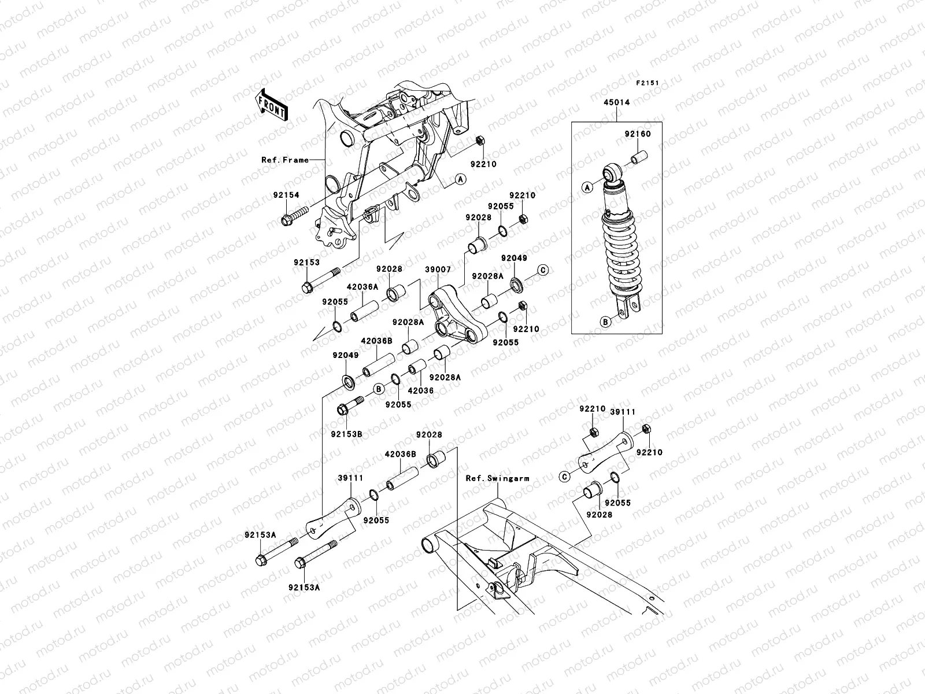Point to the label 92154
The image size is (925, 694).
point(286,195)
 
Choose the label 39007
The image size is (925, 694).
point(438,269)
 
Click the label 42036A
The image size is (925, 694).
point(362,286)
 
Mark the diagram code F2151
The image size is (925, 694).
point(648,83)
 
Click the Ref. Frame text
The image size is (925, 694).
point(285,160)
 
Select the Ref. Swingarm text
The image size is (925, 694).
point(497,478)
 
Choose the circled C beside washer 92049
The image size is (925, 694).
point(543,270)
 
